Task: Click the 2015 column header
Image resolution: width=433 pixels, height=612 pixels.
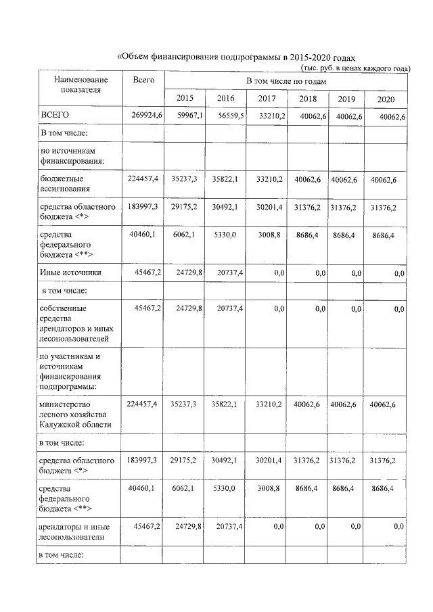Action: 185,99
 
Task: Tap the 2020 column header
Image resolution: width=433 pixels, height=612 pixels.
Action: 386,99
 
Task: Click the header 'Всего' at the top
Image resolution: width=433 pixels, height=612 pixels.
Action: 143,80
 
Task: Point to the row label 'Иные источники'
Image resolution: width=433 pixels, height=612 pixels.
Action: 71,273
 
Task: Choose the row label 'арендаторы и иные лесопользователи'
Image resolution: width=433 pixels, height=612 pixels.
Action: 76,531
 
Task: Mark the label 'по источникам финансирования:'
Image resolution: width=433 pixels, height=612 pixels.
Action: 72,155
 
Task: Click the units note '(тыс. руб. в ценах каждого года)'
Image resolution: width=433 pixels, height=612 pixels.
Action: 355,68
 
